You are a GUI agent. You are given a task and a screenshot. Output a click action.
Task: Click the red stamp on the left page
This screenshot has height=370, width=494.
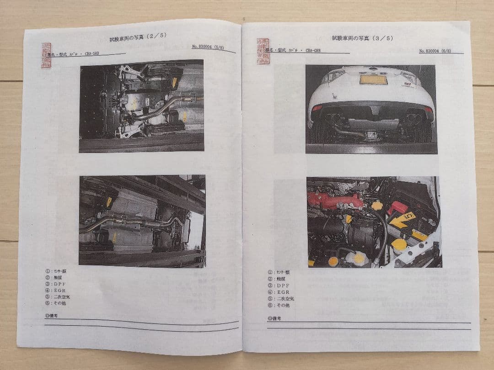[x=47, y=56]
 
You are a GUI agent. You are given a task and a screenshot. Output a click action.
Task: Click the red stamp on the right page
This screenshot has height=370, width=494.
[x=263, y=51]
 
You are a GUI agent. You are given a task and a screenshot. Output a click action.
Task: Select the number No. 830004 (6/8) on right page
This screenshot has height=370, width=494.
[x=435, y=51]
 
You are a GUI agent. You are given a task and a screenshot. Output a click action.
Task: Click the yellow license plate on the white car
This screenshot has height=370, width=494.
[x=373, y=79]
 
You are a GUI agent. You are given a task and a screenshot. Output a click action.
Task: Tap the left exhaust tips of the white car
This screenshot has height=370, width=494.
[x=333, y=118]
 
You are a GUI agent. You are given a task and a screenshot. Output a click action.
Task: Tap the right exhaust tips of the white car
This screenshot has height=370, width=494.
[x=413, y=118]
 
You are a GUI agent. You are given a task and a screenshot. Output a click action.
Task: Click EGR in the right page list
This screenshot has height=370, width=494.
[x=280, y=292]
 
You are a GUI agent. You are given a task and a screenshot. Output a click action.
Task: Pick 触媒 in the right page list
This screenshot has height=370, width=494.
[x=280, y=279]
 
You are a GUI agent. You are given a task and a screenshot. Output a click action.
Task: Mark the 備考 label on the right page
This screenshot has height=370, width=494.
[x=275, y=318]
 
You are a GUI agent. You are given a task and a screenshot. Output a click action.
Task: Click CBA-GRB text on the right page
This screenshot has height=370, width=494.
[x=313, y=51]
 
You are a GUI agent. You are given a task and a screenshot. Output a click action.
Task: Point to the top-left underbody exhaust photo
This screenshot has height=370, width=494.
[x=141, y=106]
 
